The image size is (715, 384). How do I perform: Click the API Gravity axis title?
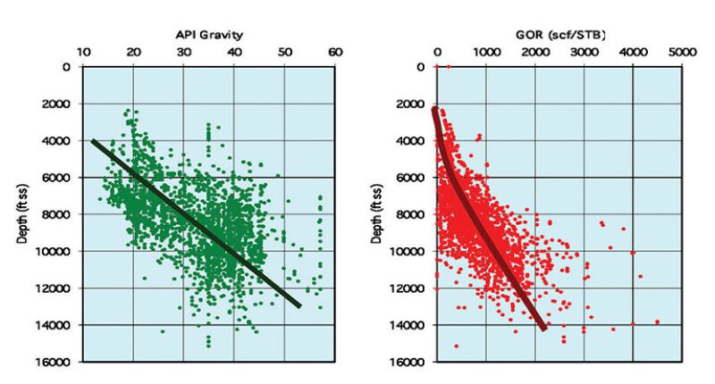211,34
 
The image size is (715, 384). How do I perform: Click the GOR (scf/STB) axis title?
560,34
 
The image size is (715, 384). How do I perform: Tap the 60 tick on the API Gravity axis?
335,53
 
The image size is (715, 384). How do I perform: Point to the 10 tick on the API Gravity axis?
83,53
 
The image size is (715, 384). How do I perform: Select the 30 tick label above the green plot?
184,53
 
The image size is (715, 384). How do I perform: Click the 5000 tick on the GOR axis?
681,53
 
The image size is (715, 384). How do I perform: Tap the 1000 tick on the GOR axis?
485,53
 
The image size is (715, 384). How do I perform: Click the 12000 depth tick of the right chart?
408,288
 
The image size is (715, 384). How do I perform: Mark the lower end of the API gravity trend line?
299,305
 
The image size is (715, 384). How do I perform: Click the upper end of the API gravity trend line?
93,140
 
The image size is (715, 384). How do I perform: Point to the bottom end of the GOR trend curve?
543,328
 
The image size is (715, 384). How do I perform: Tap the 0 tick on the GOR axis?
437,53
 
